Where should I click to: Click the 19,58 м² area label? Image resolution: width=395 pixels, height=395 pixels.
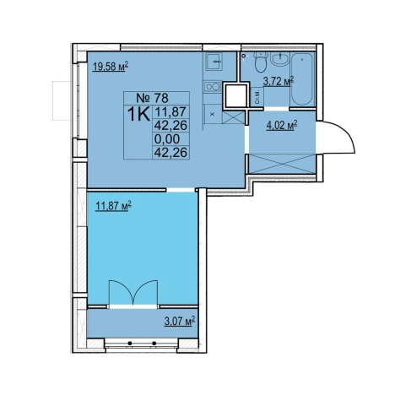pyautogui.click(x=111, y=68)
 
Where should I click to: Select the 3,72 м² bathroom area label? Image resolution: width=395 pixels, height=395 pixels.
pyautogui.click(x=279, y=82)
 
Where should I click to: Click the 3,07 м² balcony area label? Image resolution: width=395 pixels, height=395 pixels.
pyautogui.click(x=180, y=321)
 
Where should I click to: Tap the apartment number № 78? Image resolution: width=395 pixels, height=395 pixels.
pyautogui.click(x=152, y=98)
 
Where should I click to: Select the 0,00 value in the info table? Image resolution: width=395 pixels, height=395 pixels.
pyautogui.click(x=167, y=138)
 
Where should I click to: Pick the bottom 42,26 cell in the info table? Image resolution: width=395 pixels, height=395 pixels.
pyautogui.click(x=170, y=152)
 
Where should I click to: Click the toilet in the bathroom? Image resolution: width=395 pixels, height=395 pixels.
pyautogui.click(x=260, y=62)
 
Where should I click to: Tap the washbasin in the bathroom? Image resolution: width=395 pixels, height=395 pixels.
pyautogui.click(x=279, y=59)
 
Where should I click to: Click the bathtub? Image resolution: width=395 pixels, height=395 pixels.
pyautogui.click(x=302, y=78)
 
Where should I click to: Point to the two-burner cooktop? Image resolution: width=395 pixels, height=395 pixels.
pyautogui.click(x=212, y=86)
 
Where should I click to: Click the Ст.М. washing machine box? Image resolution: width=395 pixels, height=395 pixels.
pyautogui.click(x=257, y=96)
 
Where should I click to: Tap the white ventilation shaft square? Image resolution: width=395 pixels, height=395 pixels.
pyautogui.click(x=236, y=95)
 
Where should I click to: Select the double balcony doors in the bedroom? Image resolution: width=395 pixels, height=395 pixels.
pyautogui.click(x=133, y=292)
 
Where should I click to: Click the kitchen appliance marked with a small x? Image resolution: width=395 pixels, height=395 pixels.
pyautogui.click(x=213, y=114)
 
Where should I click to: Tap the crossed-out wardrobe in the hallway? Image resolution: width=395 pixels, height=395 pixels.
pyautogui.click(x=282, y=164)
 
